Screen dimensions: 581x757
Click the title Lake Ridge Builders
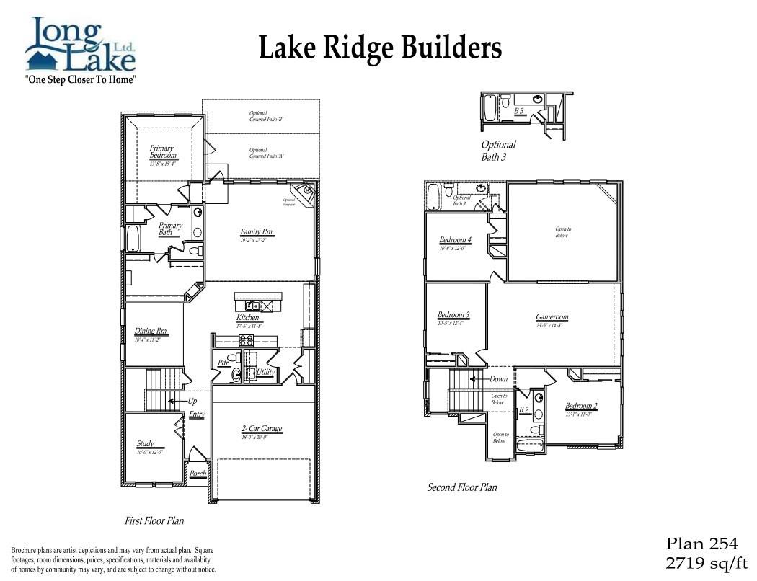tap(379, 49)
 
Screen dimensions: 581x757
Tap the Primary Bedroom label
tap(162, 152)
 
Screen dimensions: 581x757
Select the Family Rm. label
tap(257, 232)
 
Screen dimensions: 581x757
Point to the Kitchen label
tap(248, 318)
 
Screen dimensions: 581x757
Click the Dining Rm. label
tap(151, 332)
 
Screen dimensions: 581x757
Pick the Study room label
tap(146, 444)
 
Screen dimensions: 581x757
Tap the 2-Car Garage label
tap(262, 429)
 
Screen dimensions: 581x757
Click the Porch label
tap(198, 474)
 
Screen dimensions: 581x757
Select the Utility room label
tap(265, 371)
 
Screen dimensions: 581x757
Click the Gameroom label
tap(552, 317)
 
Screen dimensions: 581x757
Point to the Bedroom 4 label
tap(455, 240)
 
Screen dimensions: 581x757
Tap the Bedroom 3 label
tap(453, 315)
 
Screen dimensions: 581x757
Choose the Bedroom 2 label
tap(581, 406)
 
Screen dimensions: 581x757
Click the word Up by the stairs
tap(192, 401)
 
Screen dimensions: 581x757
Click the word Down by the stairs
tap(498, 378)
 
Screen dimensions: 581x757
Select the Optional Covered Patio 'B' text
tap(260, 116)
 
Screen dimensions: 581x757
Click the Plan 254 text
tap(701, 544)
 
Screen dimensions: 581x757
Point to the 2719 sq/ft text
tap(707, 562)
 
